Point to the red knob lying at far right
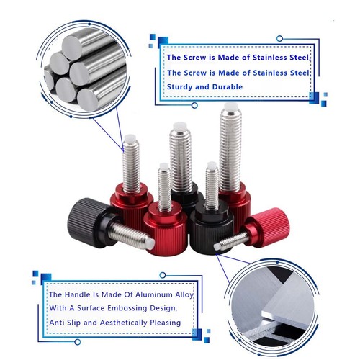point(269,224)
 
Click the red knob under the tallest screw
point(234,198)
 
